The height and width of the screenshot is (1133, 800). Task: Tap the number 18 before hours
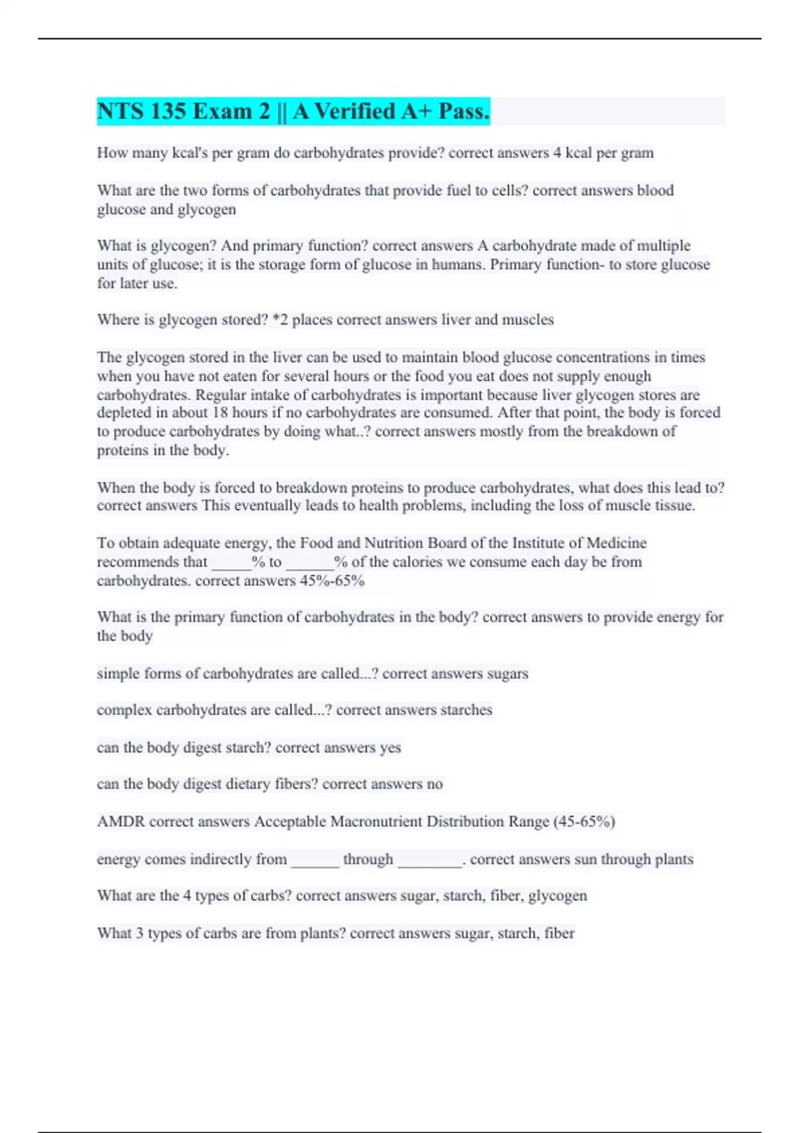click(x=220, y=413)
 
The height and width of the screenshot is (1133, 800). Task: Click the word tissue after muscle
click(x=673, y=506)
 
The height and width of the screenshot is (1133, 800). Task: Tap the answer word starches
click(x=465, y=710)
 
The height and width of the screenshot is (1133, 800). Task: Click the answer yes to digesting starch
click(x=390, y=748)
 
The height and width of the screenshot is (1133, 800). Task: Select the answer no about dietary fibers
click(x=435, y=784)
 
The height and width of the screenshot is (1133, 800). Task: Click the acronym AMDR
click(x=121, y=822)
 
